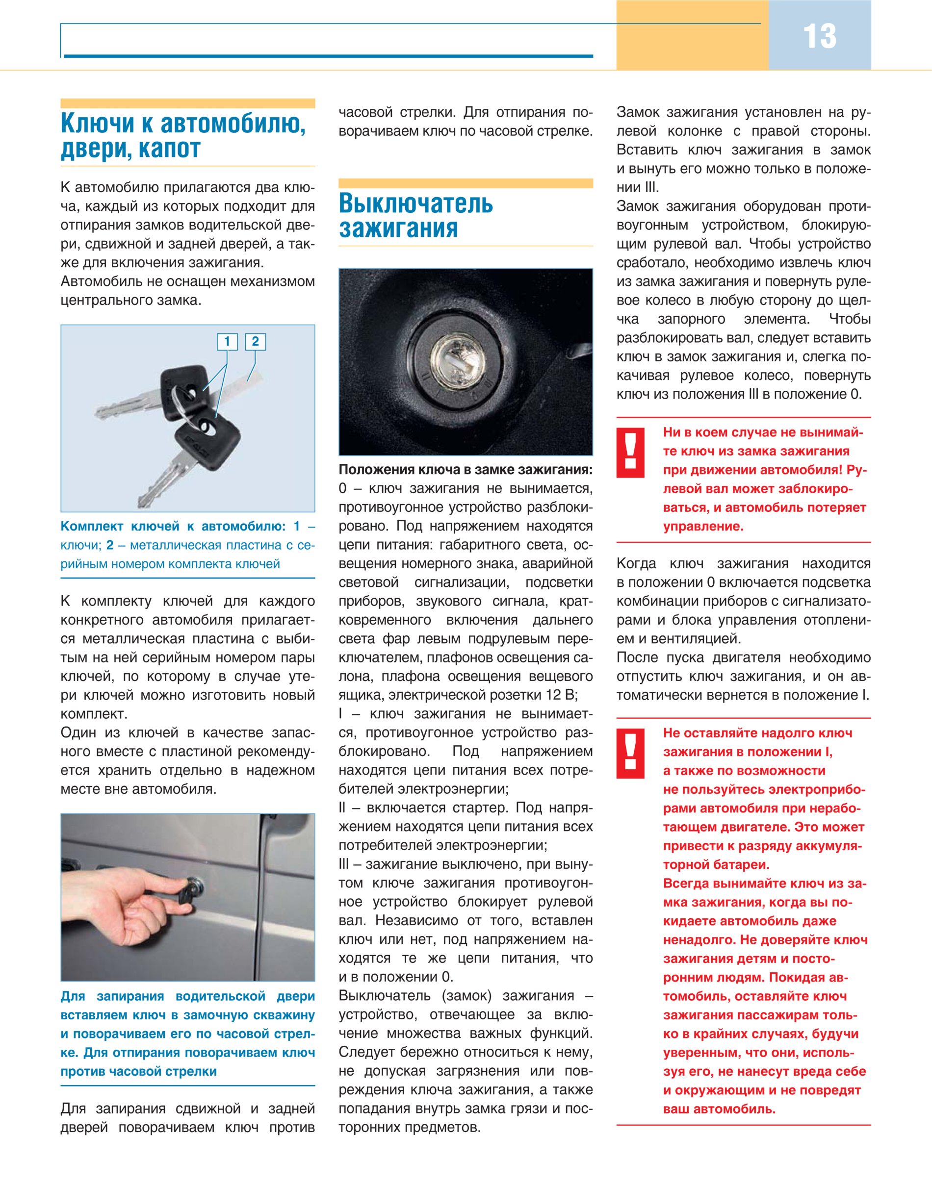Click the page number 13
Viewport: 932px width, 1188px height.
click(x=819, y=37)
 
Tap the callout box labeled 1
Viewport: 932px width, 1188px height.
click(x=227, y=342)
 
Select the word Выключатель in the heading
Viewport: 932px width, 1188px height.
click(x=416, y=203)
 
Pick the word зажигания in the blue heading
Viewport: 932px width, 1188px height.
click(x=398, y=228)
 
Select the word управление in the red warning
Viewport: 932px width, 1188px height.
click(x=703, y=527)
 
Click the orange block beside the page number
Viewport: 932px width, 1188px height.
click(x=692, y=35)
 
